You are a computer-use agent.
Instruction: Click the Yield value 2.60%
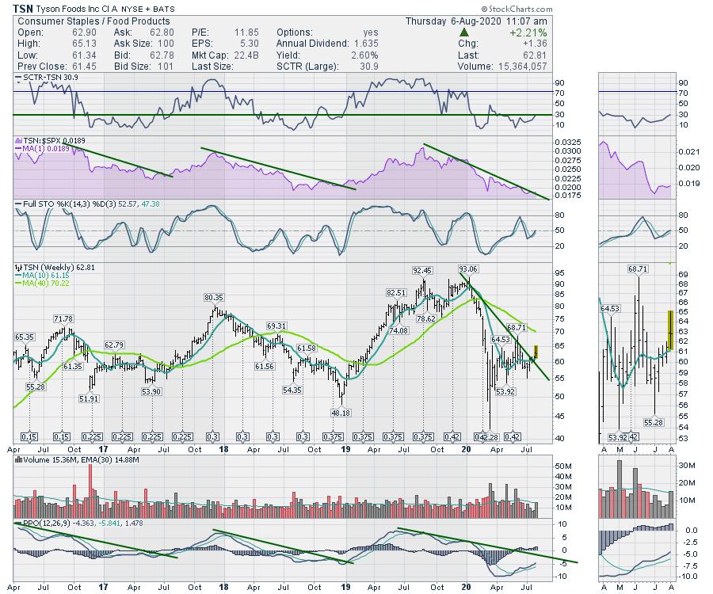pyautogui.click(x=364, y=55)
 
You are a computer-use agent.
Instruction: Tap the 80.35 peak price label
pyautogui.click(x=215, y=297)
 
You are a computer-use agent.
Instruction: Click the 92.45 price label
pyautogui.click(x=423, y=271)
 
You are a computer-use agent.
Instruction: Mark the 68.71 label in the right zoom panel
pyautogui.click(x=638, y=269)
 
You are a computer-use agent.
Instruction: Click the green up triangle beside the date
pyautogui.click(x=464, y=32)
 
